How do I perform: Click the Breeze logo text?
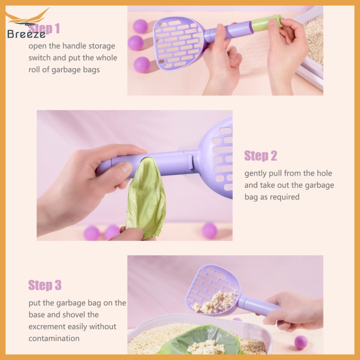click(27, 34)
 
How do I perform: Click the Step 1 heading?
click(44, 28)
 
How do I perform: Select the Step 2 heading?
click(261, 156)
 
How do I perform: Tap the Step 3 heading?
click(45, 285)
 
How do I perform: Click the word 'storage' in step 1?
click(102, 46)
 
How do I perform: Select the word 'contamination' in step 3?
click(54, 338)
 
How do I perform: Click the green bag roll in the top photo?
click(267, 22)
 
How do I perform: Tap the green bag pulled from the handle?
click(146, 198)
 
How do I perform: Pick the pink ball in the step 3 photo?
click(301, 342)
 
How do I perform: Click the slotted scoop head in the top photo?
click(178, 43)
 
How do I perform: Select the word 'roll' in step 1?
click(34, 70)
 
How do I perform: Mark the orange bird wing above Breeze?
click(27, 17)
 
